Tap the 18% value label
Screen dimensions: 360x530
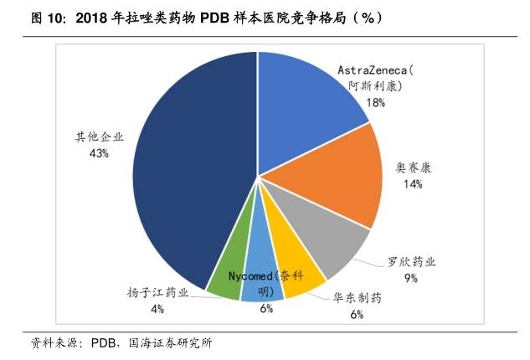click(x=374, y=102)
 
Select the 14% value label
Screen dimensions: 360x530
click(x=412, y=184)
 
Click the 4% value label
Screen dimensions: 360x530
click(x=157, y=309)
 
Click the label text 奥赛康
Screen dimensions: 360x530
click(x=413, y=167)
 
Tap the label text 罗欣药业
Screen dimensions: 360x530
click(x=411, y=261)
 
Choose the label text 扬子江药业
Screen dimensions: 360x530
click(x=157, y=292)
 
